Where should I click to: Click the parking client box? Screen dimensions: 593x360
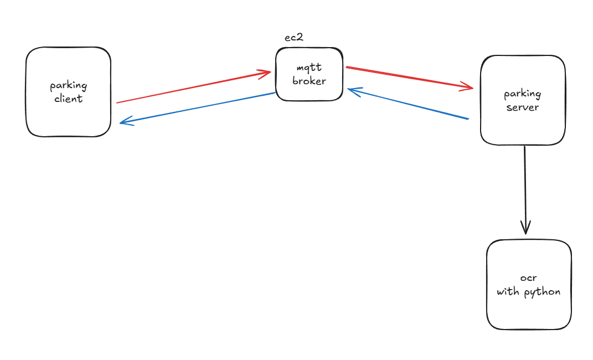[68, 116]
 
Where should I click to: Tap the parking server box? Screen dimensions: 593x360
[523, 125]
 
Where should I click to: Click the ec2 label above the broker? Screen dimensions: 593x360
[293, 37]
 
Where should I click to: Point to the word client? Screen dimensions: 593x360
[69, 99]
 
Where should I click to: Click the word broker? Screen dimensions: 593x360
[310, 80]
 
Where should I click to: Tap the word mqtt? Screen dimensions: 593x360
[310, 68]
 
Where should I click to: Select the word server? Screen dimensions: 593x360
[523, 107]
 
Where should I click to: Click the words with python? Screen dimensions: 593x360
[529, 291]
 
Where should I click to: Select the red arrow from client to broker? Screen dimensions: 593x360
[194, 87]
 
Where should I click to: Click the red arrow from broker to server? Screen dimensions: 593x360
[410, 78]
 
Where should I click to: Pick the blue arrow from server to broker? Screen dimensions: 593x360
[410, 104]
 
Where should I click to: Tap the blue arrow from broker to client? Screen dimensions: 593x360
[199, 107]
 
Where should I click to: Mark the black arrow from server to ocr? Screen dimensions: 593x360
[525, 188]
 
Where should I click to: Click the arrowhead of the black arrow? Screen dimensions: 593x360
[525, 227]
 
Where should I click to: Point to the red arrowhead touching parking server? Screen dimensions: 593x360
[468, 87]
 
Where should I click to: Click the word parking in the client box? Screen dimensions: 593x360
[69, 86]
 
